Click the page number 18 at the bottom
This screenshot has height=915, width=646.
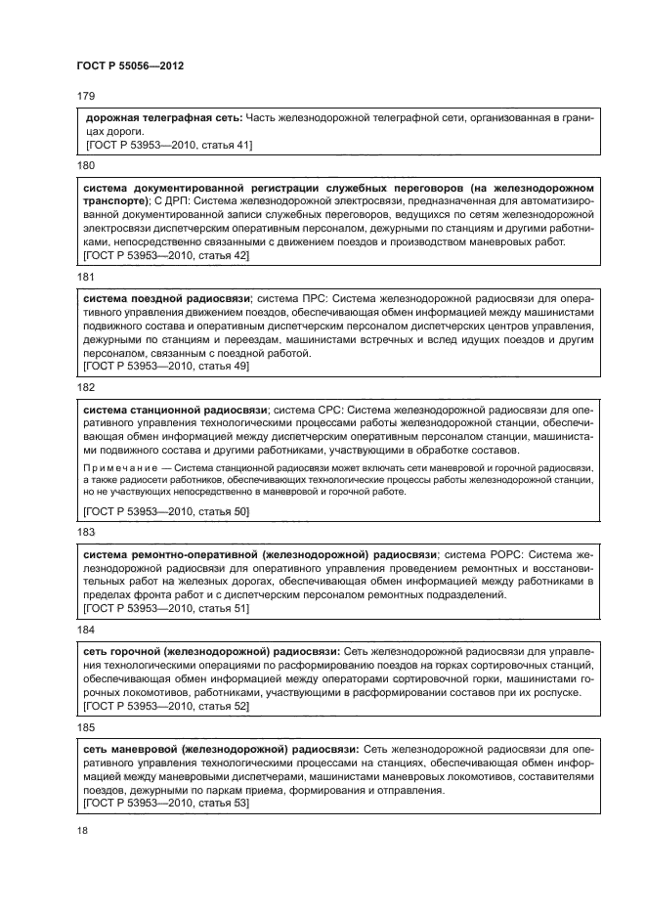pyautogui.click(x=83, y=829)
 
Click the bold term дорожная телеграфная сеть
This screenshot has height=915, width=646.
pyautogui.click(x=163, y=118)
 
